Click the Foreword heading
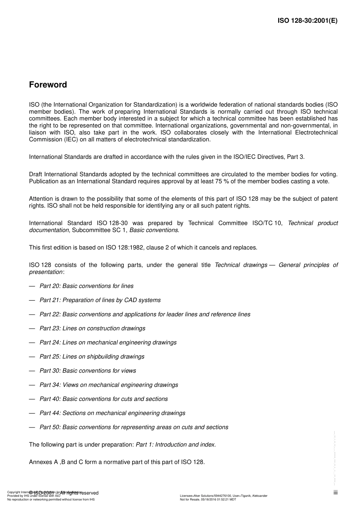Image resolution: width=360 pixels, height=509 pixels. [x=48, y=85]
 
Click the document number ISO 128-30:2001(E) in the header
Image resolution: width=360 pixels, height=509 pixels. [x=307, y=21]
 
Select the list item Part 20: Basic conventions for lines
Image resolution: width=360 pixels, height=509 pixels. [x=86, y=286]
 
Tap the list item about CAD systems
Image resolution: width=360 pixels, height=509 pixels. [x=100, y=300]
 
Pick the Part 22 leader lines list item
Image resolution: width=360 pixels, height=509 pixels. [x=145, y=314]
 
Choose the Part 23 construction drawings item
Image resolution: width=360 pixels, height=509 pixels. [x=92, y=328]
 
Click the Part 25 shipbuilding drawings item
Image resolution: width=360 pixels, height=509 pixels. [x=92, y=357]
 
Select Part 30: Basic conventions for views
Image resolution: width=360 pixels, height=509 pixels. [x=88, y=371]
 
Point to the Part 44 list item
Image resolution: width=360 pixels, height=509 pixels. [x=112, y=413]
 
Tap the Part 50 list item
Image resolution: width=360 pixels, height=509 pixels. [x=134, y=427]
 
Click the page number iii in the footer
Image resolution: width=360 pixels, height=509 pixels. [x=335, y=492]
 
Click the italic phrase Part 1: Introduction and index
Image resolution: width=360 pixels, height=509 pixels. [x=175, y=445]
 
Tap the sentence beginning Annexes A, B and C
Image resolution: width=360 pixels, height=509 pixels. [x=117, y=462]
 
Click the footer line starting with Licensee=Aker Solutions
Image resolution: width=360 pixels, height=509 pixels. [x=224, y=496]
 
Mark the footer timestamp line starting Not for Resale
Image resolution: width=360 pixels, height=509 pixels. [x=208, y=500]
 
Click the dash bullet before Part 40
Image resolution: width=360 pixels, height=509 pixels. [x=32, y=399]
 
